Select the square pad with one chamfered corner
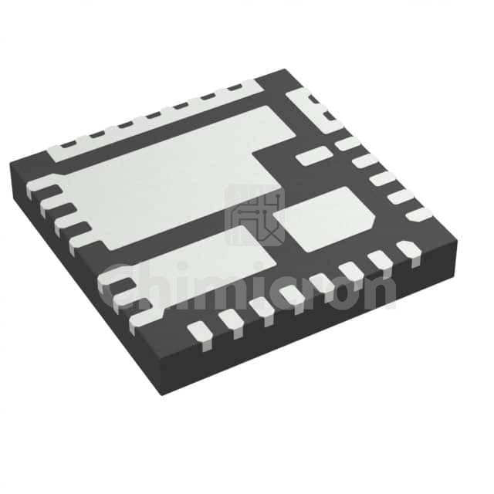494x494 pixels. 324,218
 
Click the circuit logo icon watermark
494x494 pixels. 255,215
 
